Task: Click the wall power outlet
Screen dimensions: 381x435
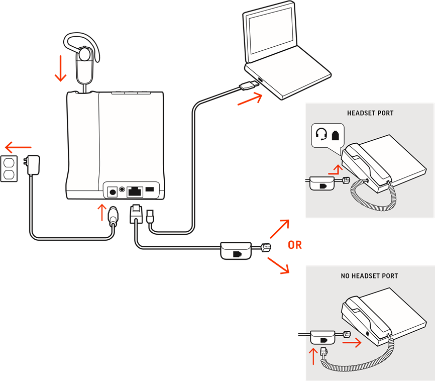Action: tap(10, 168)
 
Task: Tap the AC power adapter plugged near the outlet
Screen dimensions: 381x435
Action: tap(33, 165)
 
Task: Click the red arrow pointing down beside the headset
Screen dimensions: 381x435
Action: tap(60, 68)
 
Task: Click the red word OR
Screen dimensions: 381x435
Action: tap(294, 245)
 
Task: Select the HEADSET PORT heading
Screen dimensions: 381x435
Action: tap(370, 113)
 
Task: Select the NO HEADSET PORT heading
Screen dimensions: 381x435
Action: tap(369, 276)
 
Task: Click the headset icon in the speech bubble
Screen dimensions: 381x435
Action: tap(321, 135)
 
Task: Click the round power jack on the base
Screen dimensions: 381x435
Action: tap(113, 192)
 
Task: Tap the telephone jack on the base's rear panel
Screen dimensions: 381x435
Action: tap(135, 191)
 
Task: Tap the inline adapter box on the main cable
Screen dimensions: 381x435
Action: tap(236, 250)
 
